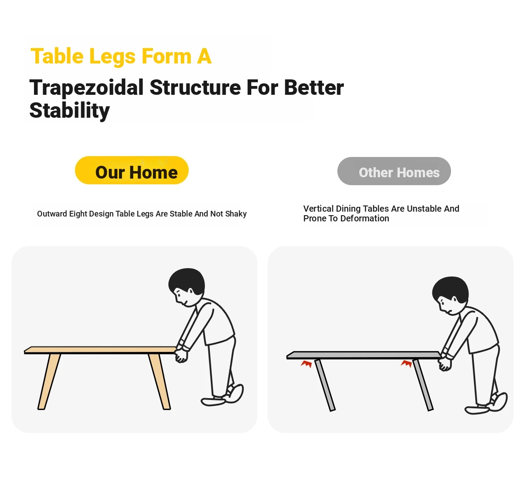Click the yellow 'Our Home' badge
132,170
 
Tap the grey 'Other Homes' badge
394,171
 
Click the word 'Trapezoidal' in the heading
86,87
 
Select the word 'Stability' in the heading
69,111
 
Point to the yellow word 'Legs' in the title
112,57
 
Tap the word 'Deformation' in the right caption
365,218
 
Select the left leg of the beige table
49,382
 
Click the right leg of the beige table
159,382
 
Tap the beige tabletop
100,350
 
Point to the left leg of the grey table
325,385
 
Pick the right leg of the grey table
423,385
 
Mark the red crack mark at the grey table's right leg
406,363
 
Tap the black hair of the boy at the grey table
451,289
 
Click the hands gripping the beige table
181,355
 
